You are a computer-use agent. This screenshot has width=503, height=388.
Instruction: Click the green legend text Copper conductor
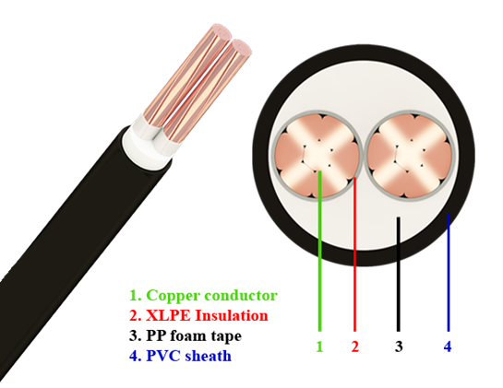203,296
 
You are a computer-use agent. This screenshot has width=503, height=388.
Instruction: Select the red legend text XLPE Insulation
198,315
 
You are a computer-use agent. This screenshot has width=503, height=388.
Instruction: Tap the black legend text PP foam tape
186,336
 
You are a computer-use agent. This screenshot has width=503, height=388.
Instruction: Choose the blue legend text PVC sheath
180,356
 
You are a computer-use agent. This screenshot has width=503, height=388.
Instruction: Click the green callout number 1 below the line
319,347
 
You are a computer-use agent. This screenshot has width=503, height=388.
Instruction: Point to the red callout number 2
354,347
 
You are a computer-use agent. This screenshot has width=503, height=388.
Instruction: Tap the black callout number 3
399,347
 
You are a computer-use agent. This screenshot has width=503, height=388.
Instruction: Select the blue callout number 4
448,347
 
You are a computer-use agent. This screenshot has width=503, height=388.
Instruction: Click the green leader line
320,251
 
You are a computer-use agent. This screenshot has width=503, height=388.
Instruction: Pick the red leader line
354,254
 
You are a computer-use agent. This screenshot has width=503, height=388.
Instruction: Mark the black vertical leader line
399,274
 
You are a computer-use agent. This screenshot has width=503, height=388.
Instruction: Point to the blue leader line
449,272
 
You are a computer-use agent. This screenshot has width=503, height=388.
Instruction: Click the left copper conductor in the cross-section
317,157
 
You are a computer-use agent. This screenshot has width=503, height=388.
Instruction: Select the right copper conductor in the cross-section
410,157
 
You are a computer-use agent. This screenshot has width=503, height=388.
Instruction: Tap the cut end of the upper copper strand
222,32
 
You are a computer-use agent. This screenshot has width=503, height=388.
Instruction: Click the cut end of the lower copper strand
241,48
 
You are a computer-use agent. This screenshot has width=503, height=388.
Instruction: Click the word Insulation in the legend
232,315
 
